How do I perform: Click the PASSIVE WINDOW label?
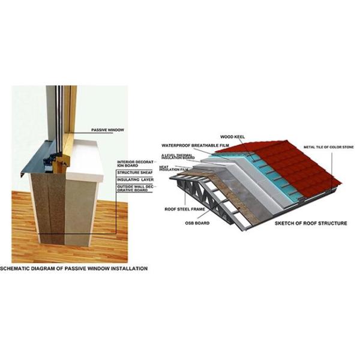point(108,130)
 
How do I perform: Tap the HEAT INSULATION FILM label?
point(175,169)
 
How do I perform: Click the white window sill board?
point(90,157)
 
